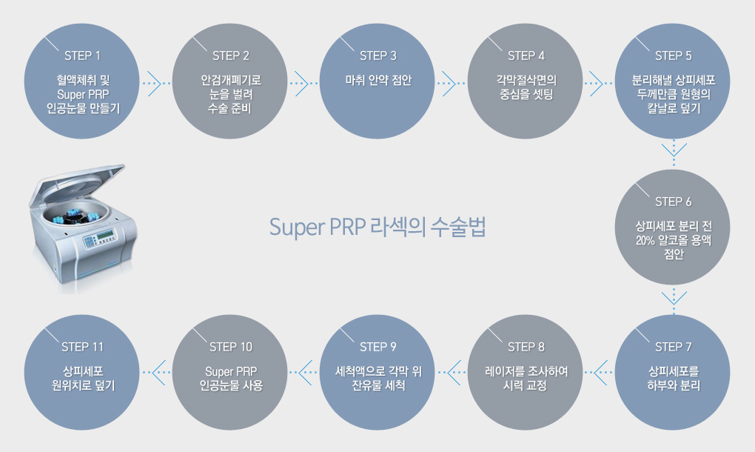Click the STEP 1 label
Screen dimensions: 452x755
pos(82,56)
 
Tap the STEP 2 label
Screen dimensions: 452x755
pos(230,56)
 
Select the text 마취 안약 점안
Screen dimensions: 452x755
pos(378,79)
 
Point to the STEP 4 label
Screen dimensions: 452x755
pos(526,56)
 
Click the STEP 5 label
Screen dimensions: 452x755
pos(674,56)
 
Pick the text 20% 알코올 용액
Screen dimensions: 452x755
pos(674,240)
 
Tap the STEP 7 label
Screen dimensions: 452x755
pos(674,347)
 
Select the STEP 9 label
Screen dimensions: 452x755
pos(378,347)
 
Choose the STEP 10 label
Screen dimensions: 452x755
pos(230,347)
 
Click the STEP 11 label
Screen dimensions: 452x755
pos(82,347)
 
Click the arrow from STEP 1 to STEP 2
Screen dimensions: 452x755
pos(153,82)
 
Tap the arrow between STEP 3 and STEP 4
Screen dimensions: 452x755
pos(449,82)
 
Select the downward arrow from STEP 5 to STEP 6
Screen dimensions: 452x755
pos(674,153)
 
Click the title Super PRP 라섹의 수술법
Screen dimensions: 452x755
pos(377,227)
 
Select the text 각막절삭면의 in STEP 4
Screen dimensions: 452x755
pos(526,79)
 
